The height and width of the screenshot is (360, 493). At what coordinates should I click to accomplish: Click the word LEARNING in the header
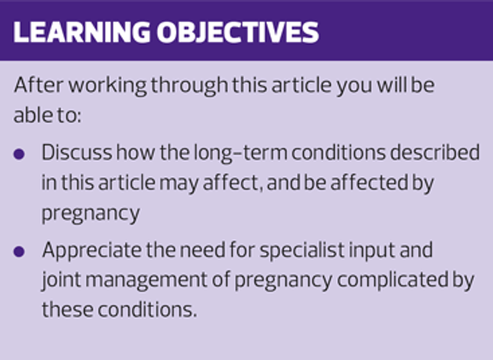click(x=82, y=32)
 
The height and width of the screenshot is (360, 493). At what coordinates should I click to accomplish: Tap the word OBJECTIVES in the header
click(x=238, y=32)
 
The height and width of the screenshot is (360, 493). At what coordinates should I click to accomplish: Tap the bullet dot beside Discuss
click(x=19, y=154)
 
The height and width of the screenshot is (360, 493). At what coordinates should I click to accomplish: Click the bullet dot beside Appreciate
click(x=19, y=252)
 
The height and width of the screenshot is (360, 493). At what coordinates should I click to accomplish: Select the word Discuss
click(x=77, y=152)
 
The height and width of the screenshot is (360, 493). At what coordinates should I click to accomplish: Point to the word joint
click(x=61, y=281)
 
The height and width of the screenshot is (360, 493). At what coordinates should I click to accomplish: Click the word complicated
click(x=392, y=281)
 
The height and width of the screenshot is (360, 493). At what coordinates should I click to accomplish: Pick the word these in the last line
click(x=68, y=309)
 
